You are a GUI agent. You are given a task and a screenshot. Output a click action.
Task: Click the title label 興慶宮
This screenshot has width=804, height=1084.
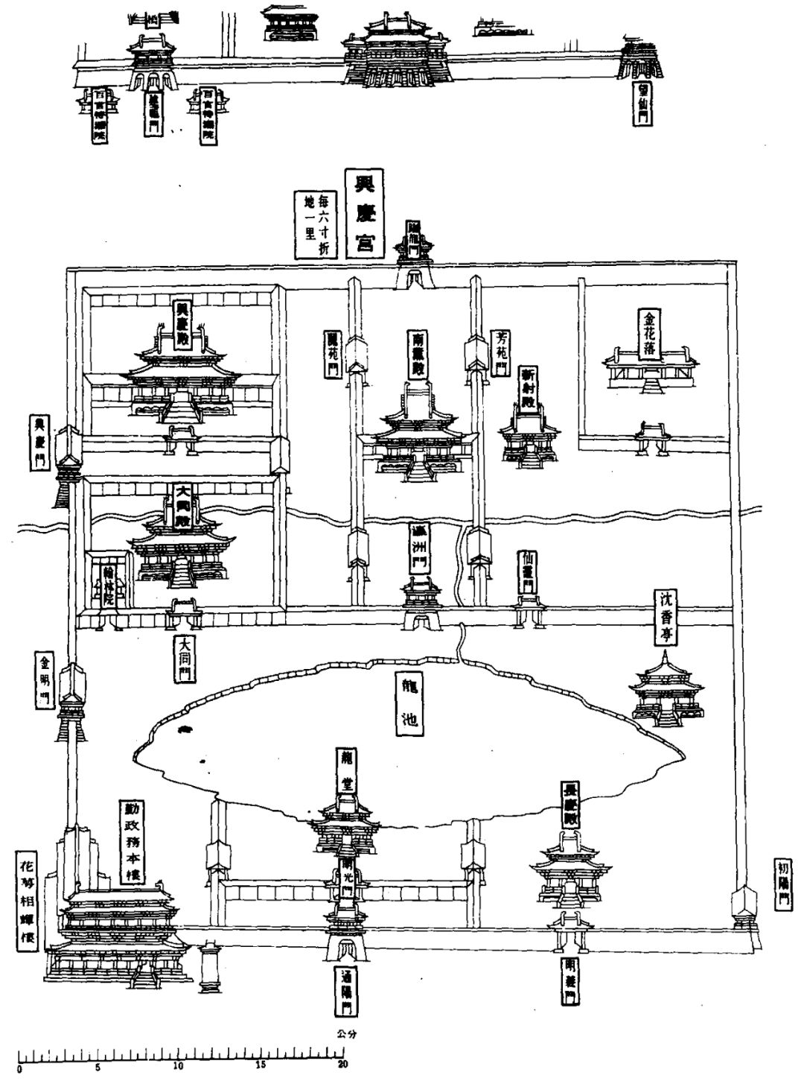pos(364,212)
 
